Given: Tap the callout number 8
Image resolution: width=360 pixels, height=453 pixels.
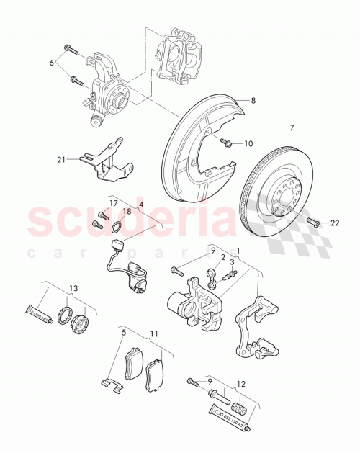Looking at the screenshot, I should click(x=253, y=102).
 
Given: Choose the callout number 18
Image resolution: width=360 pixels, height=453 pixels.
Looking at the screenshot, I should click(x=127, y=212).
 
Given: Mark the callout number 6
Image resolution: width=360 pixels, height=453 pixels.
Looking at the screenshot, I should click(x=51, y=63).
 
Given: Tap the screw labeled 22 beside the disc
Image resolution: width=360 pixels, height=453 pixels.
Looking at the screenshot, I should click(x=312, y=221).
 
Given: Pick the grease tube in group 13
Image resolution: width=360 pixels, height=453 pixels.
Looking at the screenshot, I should click(x=38, y=314).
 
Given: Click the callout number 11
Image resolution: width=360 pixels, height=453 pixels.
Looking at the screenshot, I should click(x=153, y=333).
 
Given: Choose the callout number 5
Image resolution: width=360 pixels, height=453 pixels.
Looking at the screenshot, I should click(x=123, y=333).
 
